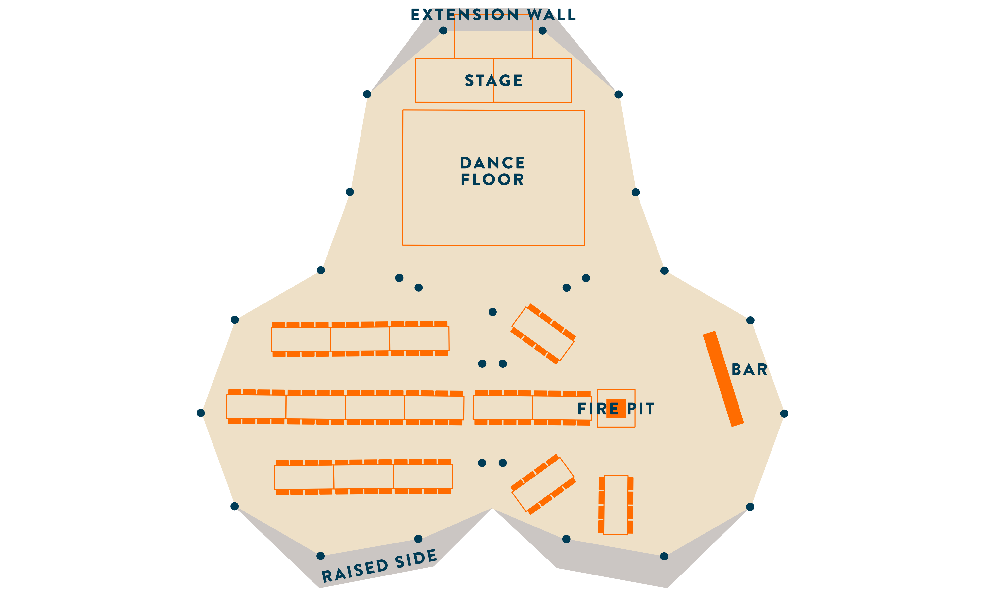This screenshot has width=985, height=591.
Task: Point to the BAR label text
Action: tap(749, 369)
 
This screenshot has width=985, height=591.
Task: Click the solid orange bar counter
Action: tap(723, 379)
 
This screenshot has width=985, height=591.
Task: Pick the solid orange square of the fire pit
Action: tap(616, 408)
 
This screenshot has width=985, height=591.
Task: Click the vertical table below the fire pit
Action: tap(616, 505)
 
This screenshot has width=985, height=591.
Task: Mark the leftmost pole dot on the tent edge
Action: tap(201, 413)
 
